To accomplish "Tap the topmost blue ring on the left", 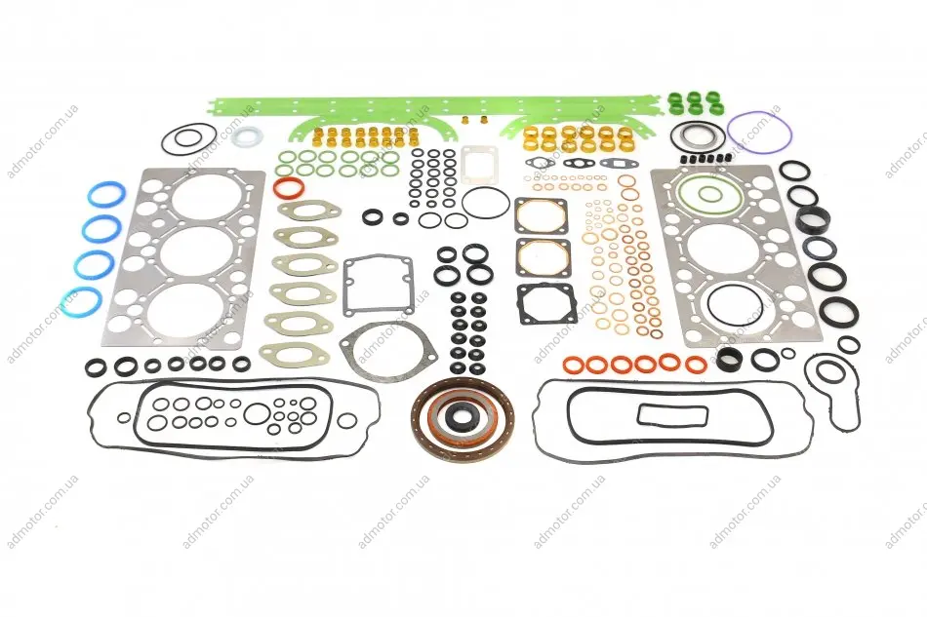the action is pyautogui.click(x=91, y=196).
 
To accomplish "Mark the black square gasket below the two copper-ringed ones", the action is pyautogui.click(x=520, y=304).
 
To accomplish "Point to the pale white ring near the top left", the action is pyautogui.click(x=232, y=137).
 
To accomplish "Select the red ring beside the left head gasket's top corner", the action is pyautogui.click(x=275, y=188).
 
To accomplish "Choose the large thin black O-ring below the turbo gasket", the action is pyautogui.click(x=463, y=204).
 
